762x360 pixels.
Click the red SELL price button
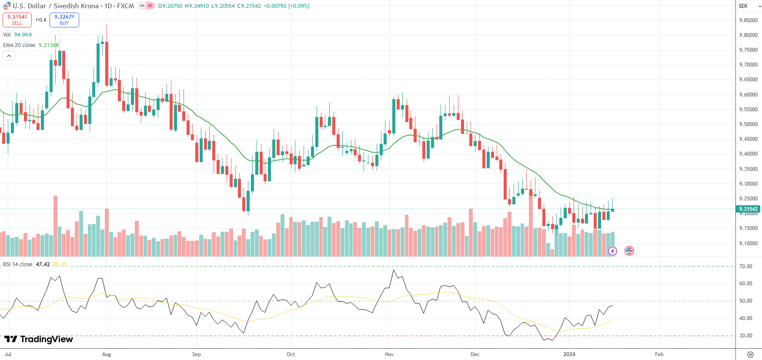coord(17,20)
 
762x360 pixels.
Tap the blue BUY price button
coord(64,20)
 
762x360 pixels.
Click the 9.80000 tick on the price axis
coord(748,35)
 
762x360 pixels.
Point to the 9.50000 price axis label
coord(748,124)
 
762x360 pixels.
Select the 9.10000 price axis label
coord(748,243)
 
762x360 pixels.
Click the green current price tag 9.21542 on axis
coord(748,209)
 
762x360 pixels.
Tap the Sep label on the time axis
coord(196,354)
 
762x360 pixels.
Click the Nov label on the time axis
coord(389,354)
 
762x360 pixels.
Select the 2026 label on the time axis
coord(569,354)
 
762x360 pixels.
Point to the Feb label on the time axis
coord(659,354)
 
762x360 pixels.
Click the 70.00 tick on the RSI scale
coord(745,267)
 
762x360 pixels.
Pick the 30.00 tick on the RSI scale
coord(745,336)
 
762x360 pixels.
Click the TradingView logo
coord(39,339)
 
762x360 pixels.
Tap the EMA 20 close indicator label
coord(19,45)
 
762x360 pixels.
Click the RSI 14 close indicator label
coord(18,264)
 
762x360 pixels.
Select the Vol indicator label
coord(7,35)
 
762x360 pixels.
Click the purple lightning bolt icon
coord(612,251)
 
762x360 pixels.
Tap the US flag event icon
coord(629,250)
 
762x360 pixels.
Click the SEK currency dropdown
coord(749,6)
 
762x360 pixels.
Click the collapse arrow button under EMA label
coord(9,56)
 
